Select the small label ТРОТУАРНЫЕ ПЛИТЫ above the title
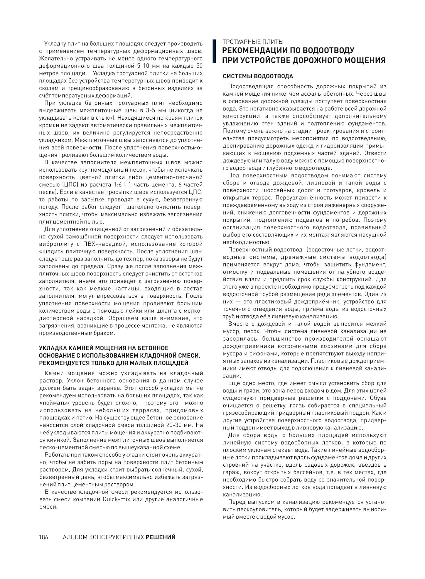(253, 42)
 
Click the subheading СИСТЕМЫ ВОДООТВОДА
(258, 76)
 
